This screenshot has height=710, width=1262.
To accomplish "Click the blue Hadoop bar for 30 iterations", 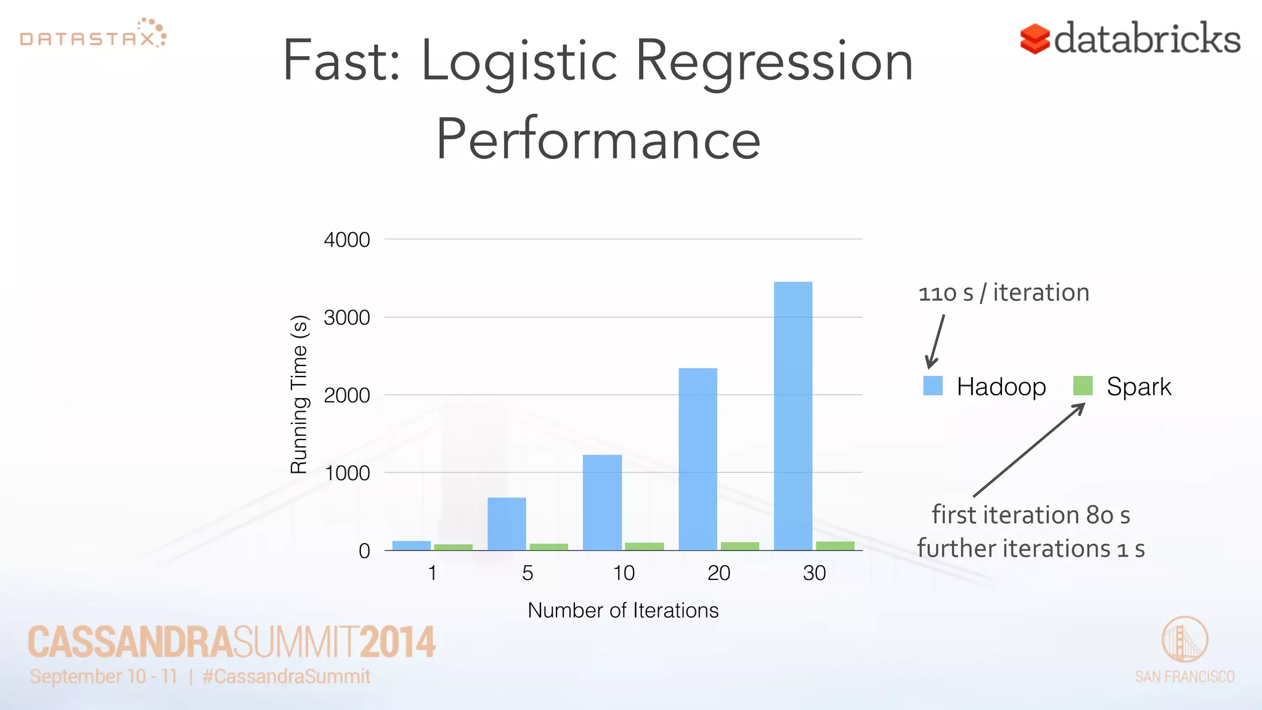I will click(x=793, y=416).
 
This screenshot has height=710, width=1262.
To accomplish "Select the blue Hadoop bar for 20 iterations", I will click(x=698, y=459).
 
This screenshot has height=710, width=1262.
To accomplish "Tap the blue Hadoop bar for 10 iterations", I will click(x=602, y=502).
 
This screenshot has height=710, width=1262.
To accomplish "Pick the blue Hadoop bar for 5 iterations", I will click(x=507, y=524).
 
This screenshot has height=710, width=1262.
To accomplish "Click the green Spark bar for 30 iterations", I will click(x=835, y=545).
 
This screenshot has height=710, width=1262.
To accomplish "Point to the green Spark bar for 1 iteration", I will click(x=453, y=547).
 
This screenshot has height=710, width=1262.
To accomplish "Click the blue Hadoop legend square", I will click(x=933, y=386).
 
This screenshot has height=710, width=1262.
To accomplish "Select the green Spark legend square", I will click(x=1083, y=386).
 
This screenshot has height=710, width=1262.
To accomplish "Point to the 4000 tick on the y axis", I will click(x=347, y=240).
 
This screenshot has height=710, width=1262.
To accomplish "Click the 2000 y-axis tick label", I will click(x=347, y=395).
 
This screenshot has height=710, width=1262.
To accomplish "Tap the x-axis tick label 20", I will click(x=719, y=573).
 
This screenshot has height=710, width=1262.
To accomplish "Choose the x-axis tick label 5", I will click(x=527, y=573).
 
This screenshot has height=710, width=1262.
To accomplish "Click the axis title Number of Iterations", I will click(x=623, y=610).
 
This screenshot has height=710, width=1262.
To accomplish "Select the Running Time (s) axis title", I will click(x=299, y=394).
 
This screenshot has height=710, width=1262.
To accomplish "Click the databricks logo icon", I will click(x=1035, y=39).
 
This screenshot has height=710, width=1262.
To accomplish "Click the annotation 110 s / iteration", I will click(x=1004, y=293).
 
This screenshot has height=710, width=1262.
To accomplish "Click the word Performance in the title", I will click(x=598, y=140).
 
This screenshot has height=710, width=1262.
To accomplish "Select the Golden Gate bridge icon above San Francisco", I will click(x=1184, y=640).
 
